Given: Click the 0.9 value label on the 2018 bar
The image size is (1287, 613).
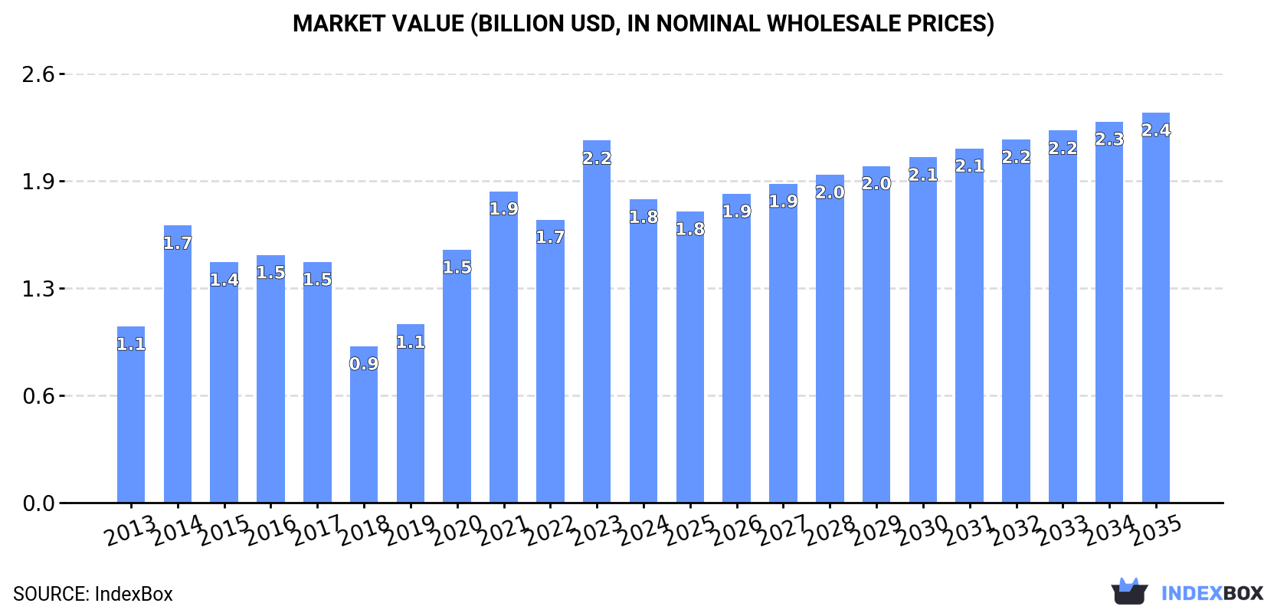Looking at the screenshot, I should pyautogui.click(x=364, y=364).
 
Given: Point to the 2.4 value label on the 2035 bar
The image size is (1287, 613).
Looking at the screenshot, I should pyautogui.click(x=1155, y=130).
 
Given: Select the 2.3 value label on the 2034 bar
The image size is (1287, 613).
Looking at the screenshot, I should pyautogui.click(x=1109, y=139).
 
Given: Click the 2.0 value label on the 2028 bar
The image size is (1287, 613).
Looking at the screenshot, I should pyautogui.click(x=830, y=192).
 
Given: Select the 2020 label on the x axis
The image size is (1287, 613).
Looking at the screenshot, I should pyautogui.click(x=457, y=531).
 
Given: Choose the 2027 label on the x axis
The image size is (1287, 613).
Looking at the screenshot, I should pyautogui.click(x=783, y=531).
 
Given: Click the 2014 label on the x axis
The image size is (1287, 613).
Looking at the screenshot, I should pyautogui.click(x=177, y=531).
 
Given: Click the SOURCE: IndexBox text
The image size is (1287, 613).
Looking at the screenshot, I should pyautogui.click(x=93, y=594).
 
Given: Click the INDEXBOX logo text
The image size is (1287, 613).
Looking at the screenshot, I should pyautogui.click(x=1211, y=593).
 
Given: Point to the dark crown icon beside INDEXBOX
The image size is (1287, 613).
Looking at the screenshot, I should pyautogui.click(x=1129, y=592).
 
